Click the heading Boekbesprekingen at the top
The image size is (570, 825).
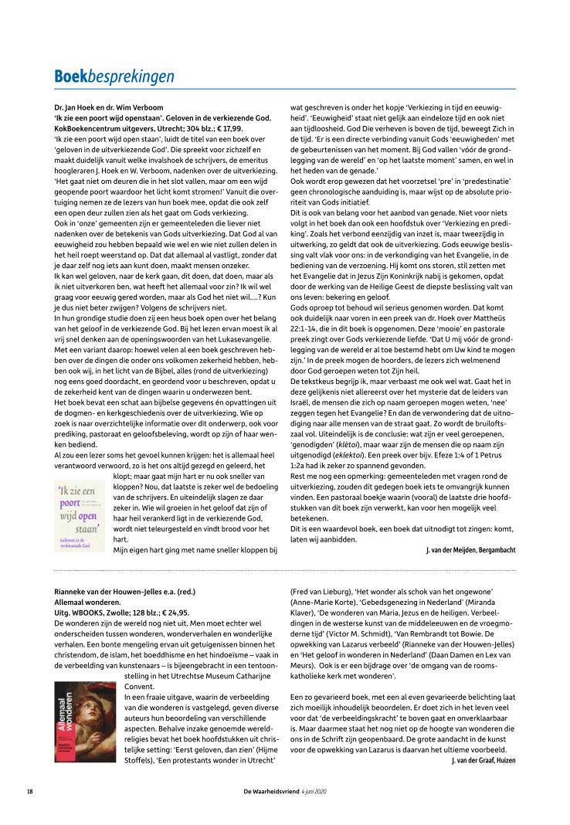click(x=114, y=76)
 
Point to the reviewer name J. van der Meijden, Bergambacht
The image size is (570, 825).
click(x=470, y=549)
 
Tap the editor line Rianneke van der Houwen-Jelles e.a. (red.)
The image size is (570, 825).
click(x=125, y=591)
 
